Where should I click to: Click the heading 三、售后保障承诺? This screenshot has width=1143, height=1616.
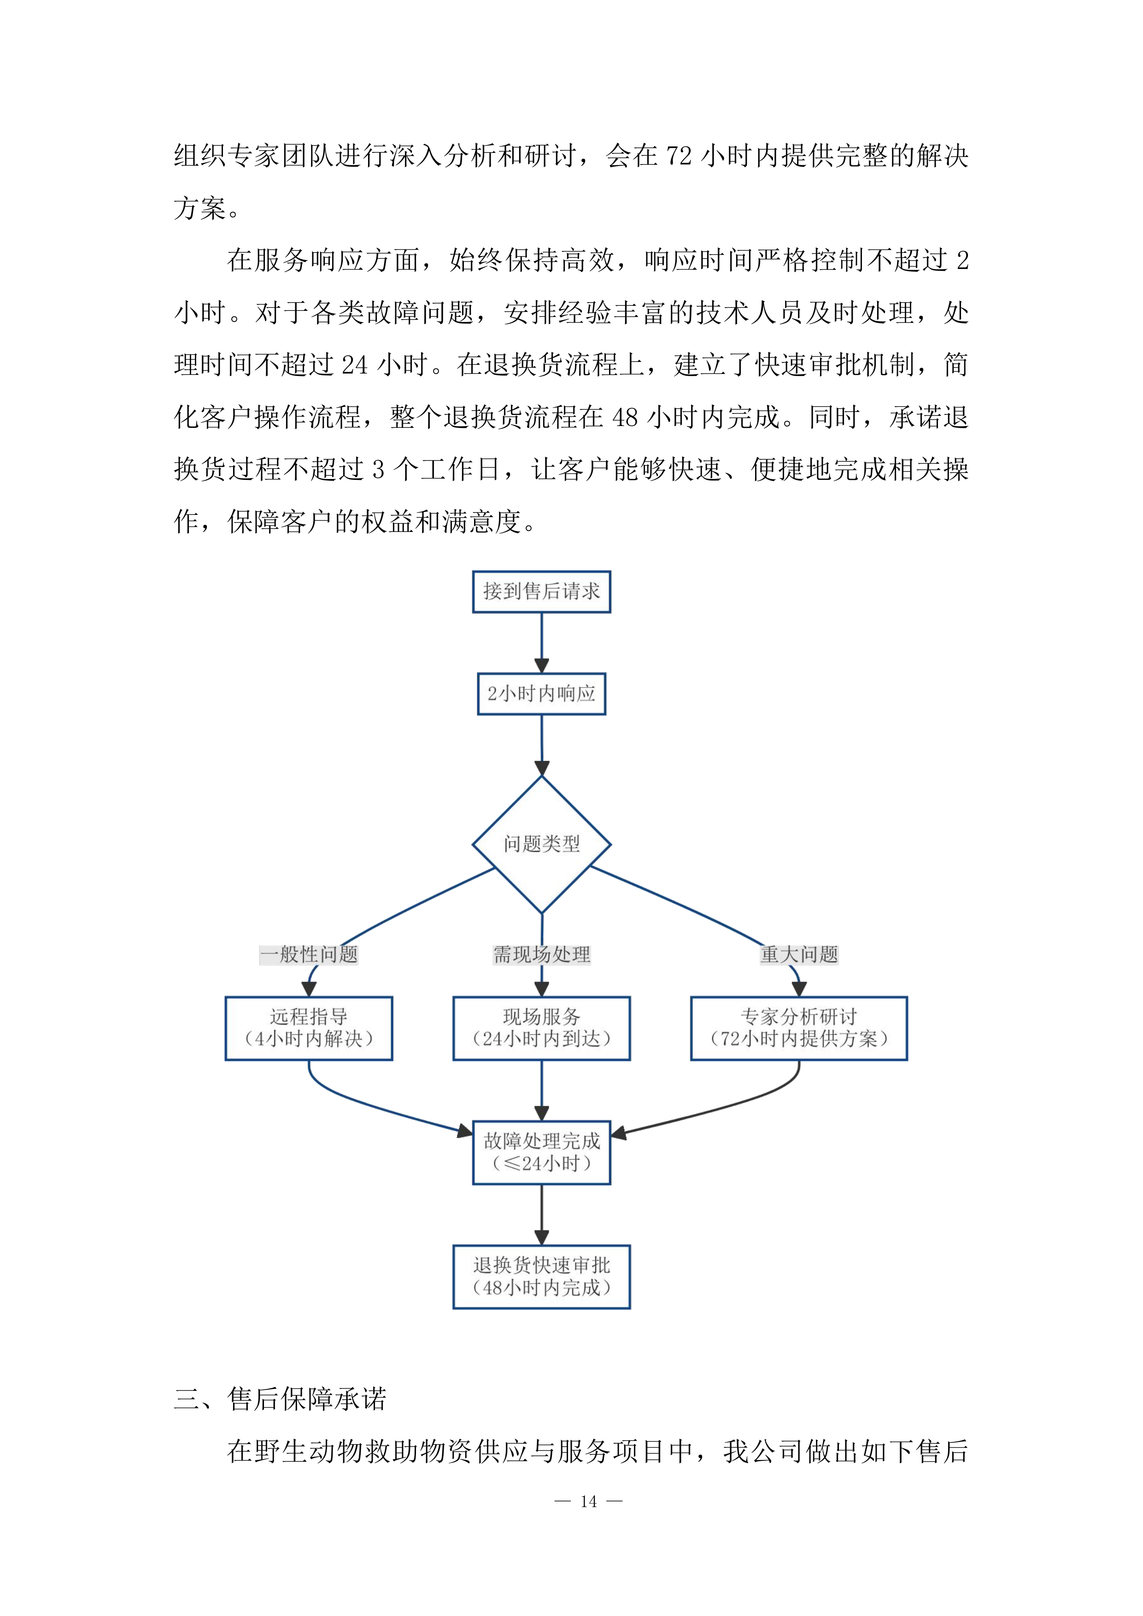click(280, 1399)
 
